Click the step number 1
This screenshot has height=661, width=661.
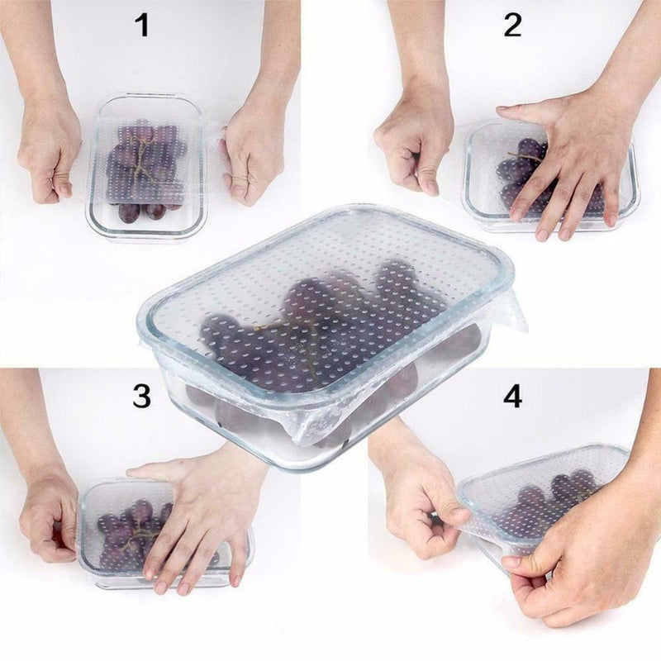pos(143,26)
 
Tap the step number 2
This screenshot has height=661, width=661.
pos(512,26)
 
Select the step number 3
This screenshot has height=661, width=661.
pos(141,397)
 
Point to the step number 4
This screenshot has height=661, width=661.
pos(512,397)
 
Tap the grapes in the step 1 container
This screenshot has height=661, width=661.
pos(145,169)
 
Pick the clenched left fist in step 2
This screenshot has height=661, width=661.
pos(416,148)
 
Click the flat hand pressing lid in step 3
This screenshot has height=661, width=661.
pos(198,519)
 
